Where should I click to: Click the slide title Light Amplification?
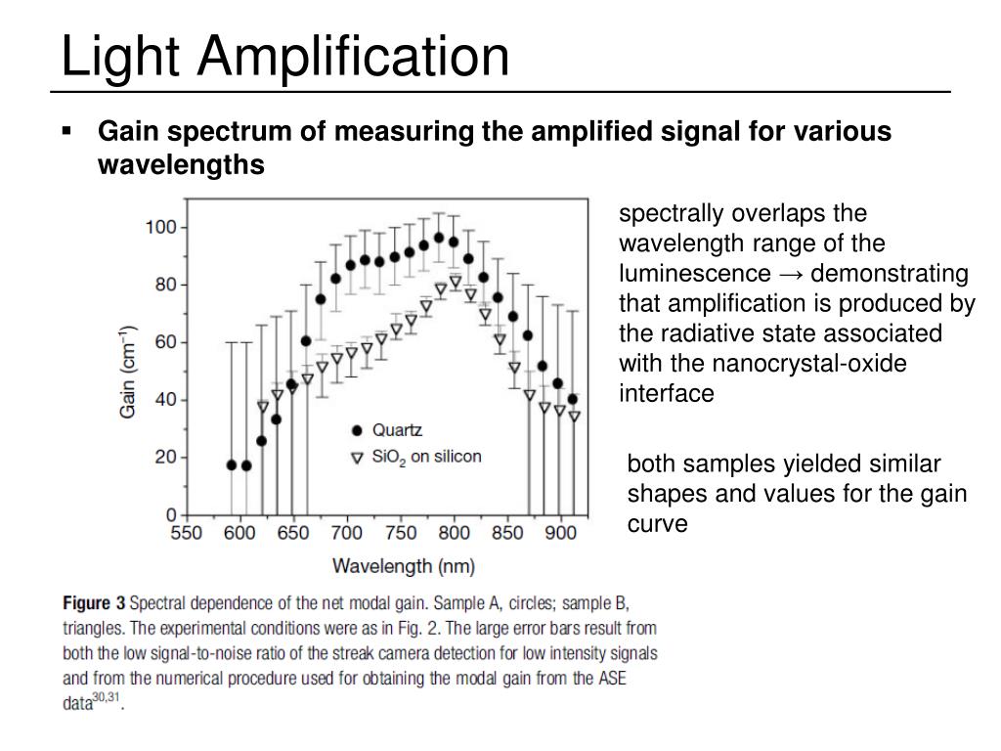pyautogui.click(x=284, y=56)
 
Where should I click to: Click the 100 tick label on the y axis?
pyautogui.click(x=161, y=227)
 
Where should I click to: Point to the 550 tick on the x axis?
pyautogui.click(x=187, y=533)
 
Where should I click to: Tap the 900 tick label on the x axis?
pyautogui.click(x=560, y=533)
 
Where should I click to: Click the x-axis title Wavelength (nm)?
pyautogui.click(x=403, y=565)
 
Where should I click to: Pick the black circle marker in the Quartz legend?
pyautogui.click(x=357, y=430)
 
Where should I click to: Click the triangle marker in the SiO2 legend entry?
pyautogui.click(x=357, y=457)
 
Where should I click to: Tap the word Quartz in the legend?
pyautogui.click(x=397, y=430)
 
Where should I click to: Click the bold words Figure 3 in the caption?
pyautogui.click(x=94, y=603)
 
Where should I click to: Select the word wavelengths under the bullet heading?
pyautogui.click(x=181, y=165)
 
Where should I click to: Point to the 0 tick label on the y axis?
pyautogui.click(x=169, y=514)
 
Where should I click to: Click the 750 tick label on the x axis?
pyautogui.click(x=401, y=533)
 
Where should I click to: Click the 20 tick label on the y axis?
pyautogui.click(x=165, y=457)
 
